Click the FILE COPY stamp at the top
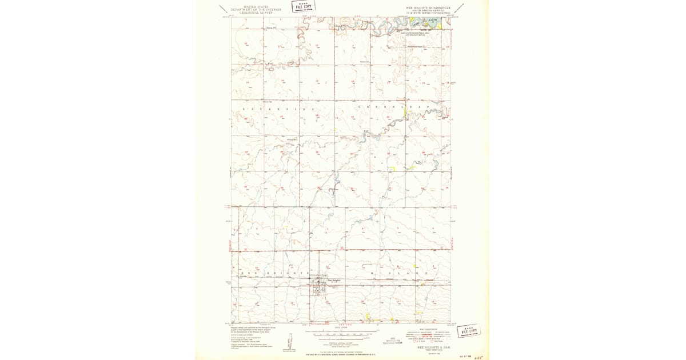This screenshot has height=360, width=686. click(304, 7)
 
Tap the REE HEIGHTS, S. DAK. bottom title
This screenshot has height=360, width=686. click(435, 347)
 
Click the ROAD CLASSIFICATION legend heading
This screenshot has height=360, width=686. click(429, 329)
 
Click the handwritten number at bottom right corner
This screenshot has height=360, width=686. click(471, 355)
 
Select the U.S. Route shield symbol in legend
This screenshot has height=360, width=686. click(416, 341)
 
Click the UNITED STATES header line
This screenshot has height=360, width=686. click(256, 7)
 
